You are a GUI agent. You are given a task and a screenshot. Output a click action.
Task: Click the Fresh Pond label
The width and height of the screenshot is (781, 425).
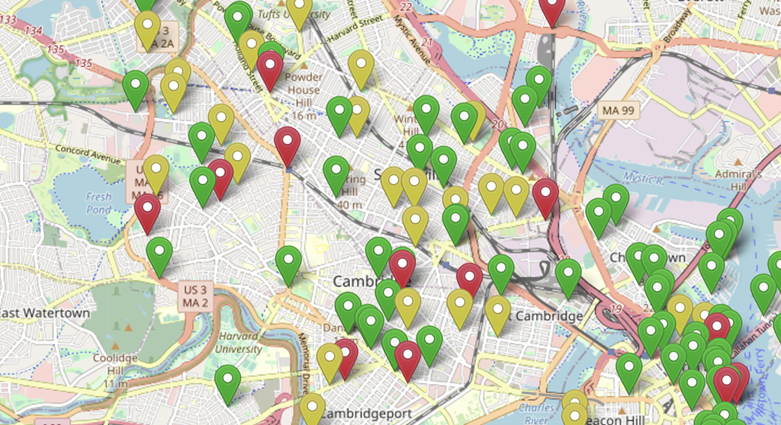(98, 203)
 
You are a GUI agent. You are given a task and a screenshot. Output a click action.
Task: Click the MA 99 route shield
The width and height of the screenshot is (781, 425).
(619, 110)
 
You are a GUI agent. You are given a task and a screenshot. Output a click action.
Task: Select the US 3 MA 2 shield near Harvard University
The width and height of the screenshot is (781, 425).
(195, 296)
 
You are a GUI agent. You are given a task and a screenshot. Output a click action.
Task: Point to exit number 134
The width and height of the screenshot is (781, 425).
(34, 30)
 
